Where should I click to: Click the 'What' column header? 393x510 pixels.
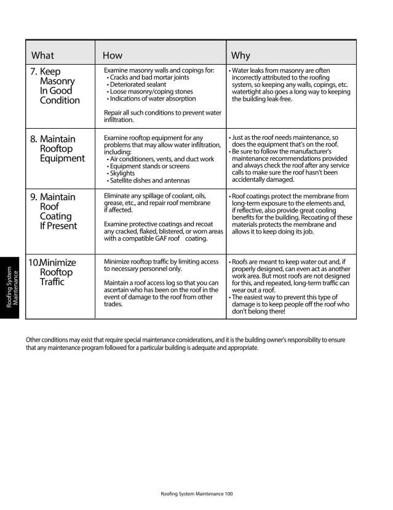click(x=42, y=55)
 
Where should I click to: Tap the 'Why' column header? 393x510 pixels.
click(x=240, y=55)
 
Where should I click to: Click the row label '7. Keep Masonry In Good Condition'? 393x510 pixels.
click(x=55, y=86)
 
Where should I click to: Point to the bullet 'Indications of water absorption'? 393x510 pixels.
click(x=152, y=99)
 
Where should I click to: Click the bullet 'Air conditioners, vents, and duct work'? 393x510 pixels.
click(x=161, y=159)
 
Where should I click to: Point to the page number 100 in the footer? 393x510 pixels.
click(x=229, y=493)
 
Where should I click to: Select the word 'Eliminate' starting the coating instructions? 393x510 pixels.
click(x=119, y=196)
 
